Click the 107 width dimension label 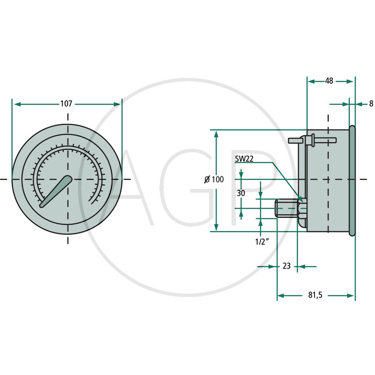click(66, 104)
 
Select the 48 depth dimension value click(329, 81)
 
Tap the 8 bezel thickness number click(371, 104)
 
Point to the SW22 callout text click(244, 159)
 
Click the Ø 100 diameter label click(214, 179)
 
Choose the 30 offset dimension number click(241, 193)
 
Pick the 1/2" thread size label click(262, 242)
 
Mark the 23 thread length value click(286, 266)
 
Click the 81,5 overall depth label click(315, 295)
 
